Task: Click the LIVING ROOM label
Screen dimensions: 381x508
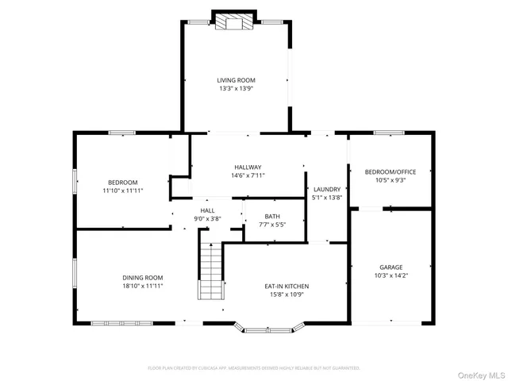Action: [236, 79]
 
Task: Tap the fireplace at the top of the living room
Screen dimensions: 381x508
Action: [235, 21]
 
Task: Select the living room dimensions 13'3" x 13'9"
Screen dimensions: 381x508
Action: [236, 88]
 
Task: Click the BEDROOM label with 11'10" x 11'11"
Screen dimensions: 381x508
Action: [122, 182]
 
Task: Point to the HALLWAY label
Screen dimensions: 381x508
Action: [248, 167]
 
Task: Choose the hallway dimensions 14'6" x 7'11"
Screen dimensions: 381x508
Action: [248, 175]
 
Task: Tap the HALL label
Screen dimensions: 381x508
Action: [207, 210]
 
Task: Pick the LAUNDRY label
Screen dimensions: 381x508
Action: [326, 188]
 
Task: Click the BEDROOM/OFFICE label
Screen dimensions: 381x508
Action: [390, 171]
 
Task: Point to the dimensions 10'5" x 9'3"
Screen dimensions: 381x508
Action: [390, 180]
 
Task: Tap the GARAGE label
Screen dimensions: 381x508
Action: [392, 267]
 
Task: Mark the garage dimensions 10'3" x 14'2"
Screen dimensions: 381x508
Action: [392, 276]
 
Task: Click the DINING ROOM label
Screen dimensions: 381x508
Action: [143, 277]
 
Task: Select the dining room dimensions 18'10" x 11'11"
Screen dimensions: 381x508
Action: [143, 286]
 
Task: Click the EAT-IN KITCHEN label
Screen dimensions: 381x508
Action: [287, 286]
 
